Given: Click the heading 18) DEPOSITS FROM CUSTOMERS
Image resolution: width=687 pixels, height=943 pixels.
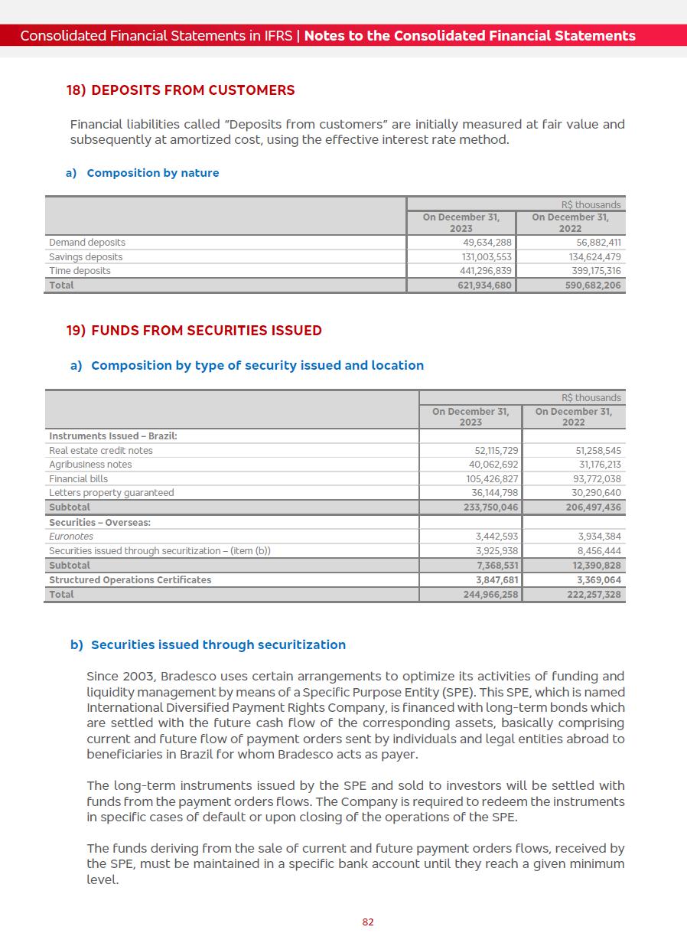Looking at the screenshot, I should pyautogui.click(x=180, y=90).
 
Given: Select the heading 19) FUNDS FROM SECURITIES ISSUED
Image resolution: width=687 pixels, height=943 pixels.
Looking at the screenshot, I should pyautogui.click(x=194, y=331).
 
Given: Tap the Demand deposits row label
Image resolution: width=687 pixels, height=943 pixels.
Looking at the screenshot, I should pyautogui.click(x=87, y=243).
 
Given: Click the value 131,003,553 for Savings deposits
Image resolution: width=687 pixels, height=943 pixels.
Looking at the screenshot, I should pyautogui.click(x=482, y=257).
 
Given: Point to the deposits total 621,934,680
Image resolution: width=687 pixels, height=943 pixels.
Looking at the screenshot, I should pyautogui.click(x=480, y=286).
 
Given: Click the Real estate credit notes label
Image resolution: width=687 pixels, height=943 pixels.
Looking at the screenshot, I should pyautogui.click(x=101, y=451).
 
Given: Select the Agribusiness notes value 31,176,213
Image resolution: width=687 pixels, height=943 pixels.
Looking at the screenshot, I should pyautogui.click(x=600, y=465).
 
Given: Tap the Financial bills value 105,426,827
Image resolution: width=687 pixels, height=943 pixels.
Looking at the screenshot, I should pyautogui.click(x=492, y=479).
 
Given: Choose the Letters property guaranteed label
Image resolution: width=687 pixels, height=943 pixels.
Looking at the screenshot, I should pyautogui.click(x=112, y=493).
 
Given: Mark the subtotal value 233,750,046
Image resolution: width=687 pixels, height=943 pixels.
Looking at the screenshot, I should pyautogui.click(x=490, y=507).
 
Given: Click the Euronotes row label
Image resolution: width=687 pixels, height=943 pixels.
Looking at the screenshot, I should pyautogui.click(x=71, y=537).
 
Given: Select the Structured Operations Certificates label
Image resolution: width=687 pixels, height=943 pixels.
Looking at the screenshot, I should pyautogui.click(x=130, y=580).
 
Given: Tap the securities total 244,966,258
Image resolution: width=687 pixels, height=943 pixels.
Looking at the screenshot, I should pyautogui.click(x=490, y=595).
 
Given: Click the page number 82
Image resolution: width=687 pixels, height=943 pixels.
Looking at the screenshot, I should pyautogui.click(x=368, y=922).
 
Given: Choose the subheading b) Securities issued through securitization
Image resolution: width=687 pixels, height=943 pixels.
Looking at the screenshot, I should pyautogui.click(x=207, y=645).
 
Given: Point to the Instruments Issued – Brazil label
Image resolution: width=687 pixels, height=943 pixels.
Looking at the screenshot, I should pyautogui.click(x=113, y=436).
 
